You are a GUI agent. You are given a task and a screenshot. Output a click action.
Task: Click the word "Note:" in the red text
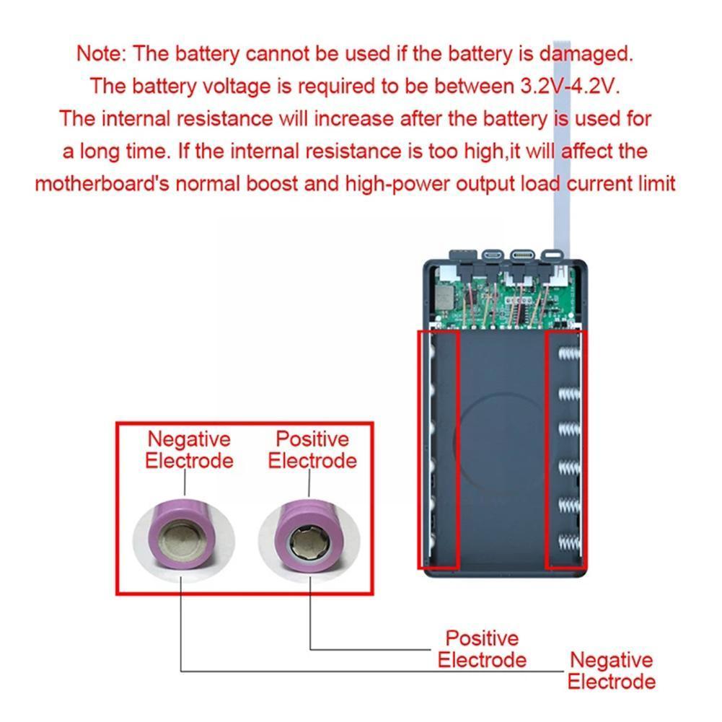point(102,53)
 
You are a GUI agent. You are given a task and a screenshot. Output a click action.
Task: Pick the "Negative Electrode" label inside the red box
point(189,449)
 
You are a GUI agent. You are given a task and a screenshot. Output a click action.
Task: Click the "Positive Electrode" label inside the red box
point(312,449)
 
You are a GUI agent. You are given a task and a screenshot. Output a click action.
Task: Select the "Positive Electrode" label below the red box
point(482,648)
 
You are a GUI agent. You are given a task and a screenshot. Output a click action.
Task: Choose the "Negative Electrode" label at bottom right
point(611,670)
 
